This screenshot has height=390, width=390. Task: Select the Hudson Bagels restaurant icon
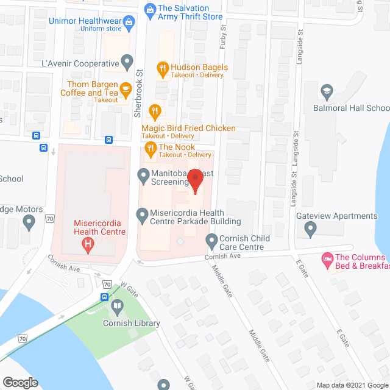coord(162,68)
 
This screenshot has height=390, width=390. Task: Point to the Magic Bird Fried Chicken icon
coord(154,112)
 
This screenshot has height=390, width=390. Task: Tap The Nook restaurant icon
coord(149,147)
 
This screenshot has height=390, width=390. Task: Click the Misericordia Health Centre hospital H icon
coord(88,246)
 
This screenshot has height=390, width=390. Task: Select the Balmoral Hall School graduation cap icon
coord(326,91)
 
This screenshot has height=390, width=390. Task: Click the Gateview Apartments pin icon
coord(310,230)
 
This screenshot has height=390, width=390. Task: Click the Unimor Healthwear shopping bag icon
coord(129,23)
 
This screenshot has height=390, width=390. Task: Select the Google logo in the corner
coord(20,382)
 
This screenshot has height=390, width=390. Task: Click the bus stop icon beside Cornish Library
coord(104,297)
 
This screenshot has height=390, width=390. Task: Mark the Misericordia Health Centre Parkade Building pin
coord(143,214)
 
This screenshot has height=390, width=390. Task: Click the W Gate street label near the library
coord(127,286)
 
